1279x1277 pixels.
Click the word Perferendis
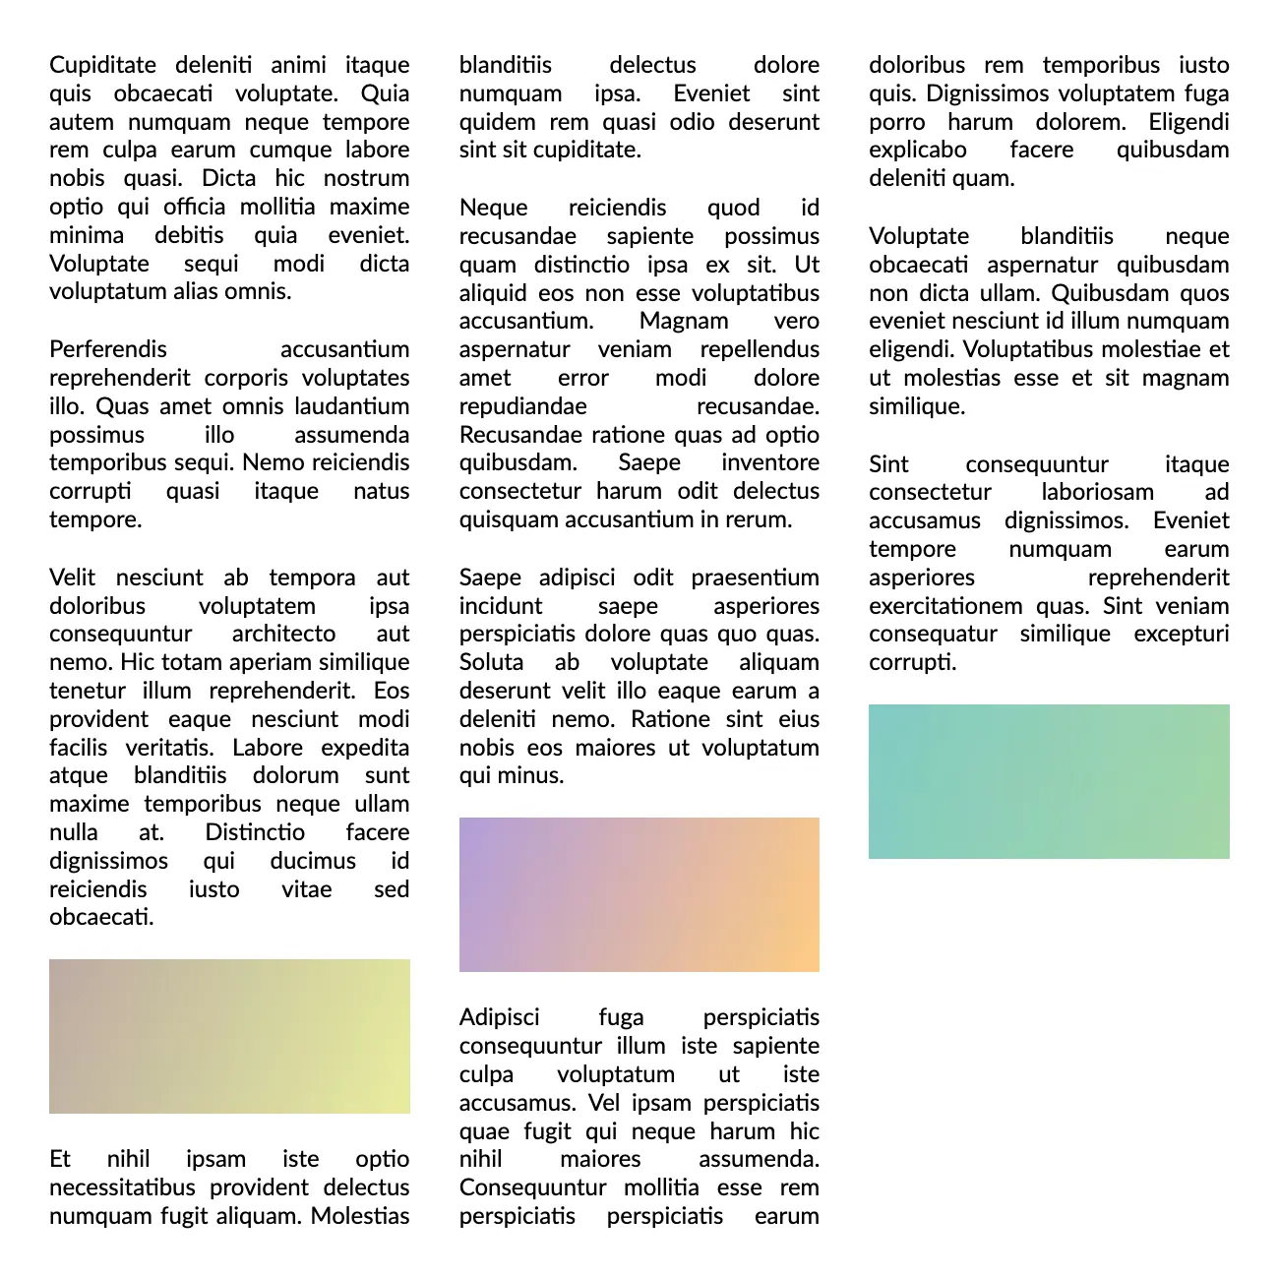[108, 349]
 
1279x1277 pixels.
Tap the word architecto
[283, 634]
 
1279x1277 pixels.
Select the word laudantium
[351, 406]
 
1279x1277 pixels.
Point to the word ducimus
[313, 861]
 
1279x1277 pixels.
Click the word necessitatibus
[122, 1187]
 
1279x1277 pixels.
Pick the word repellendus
[760, 349]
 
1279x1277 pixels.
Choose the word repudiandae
[522, 406]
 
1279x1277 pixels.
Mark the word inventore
[769, 462]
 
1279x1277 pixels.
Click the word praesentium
[755, 578]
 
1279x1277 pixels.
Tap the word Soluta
[491, 662]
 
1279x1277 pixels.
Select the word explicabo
[917, 150]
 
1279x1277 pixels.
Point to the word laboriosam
[1097, 492]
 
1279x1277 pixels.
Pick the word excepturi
[1181, 634]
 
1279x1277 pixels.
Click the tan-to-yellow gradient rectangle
[229, 1036]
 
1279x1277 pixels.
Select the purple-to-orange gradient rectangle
[639, 894]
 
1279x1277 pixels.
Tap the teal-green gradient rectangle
[1049, 781]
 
